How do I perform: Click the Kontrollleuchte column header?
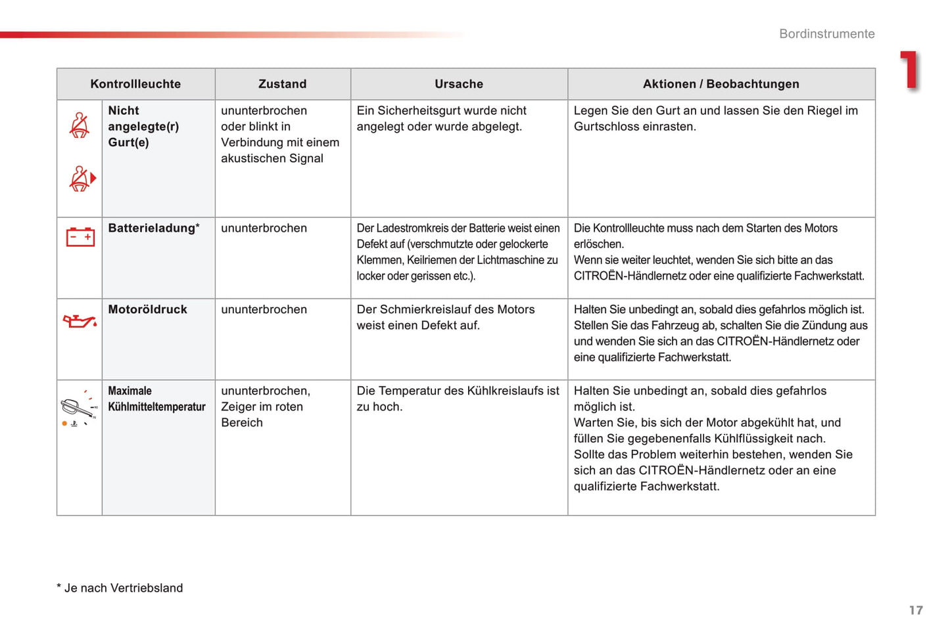135,84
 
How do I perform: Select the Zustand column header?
282,84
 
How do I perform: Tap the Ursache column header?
459,84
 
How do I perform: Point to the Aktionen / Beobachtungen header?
721,84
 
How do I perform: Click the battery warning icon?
80,237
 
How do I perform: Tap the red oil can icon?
80,321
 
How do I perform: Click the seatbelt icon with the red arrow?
82,179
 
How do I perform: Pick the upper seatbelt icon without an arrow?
80,125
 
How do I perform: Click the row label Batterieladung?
152,229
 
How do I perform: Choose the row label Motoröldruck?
147,310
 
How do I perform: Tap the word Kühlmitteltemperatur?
156,407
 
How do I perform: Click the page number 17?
916,611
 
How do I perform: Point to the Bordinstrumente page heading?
826,34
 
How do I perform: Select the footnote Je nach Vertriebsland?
123,588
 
